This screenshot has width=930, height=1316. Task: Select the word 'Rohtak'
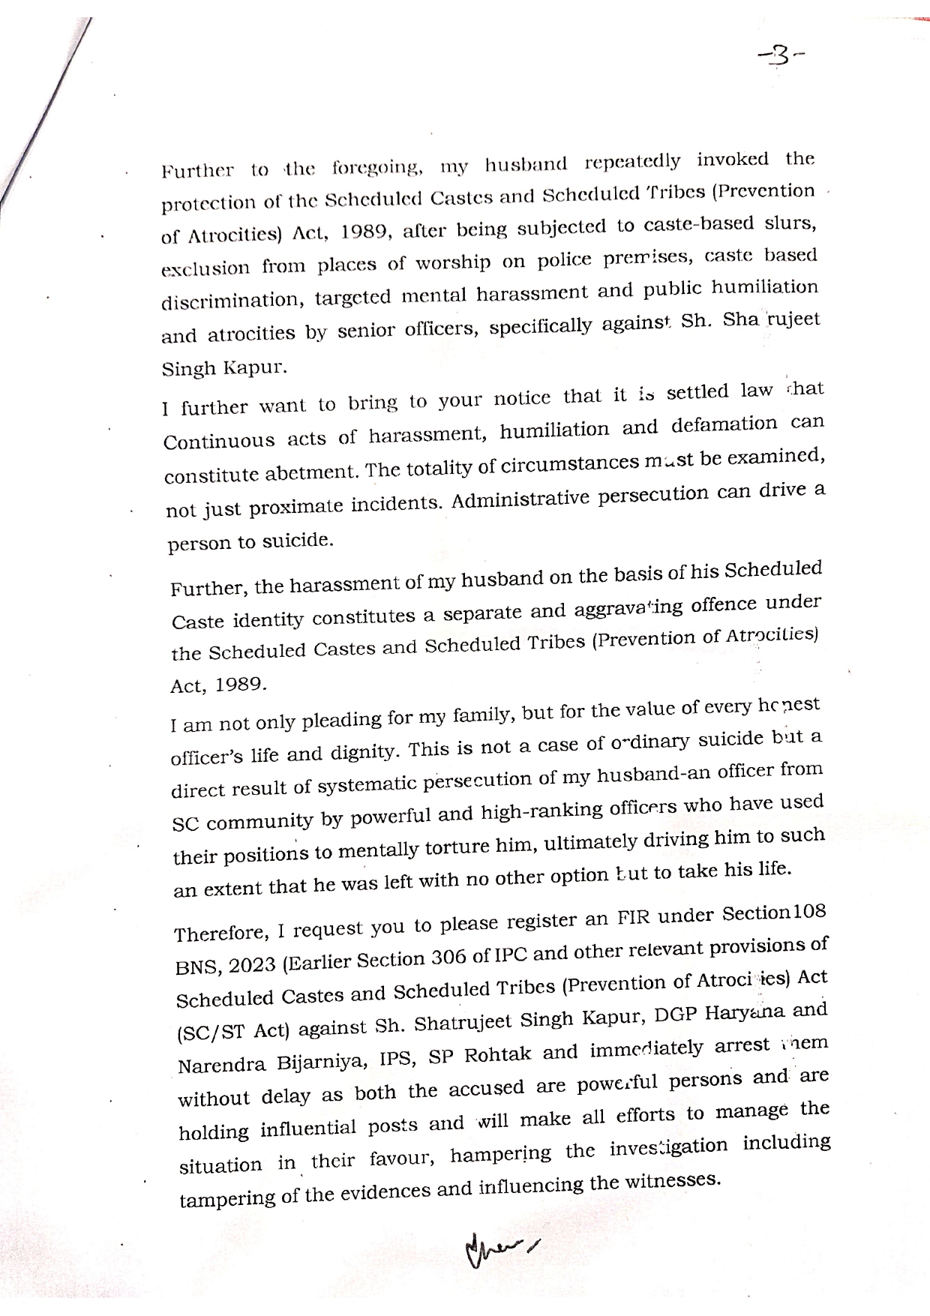point(499,1054)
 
